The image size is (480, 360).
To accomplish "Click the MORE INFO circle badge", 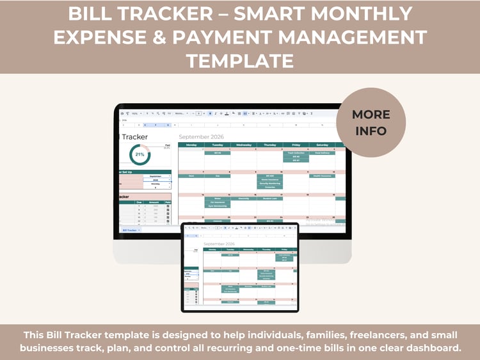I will pyautogui.click(x=371, y=122).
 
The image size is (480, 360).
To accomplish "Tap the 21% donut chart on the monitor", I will pyautogui.click(x=139, y=154).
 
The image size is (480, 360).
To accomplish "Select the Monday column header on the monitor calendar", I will pyautogui.click(x=191, y=145).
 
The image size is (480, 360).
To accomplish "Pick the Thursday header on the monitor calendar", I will pyautogui.click(x=269, y=145).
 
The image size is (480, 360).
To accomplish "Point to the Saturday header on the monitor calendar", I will pyautogui.click(x=321, y=145).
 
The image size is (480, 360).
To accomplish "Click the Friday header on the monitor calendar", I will pyautogui.click(x=296, y=145).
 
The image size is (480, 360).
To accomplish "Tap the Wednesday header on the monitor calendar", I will pyautogui.click(x=243, y=145).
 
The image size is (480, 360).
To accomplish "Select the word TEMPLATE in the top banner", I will pyautogui.click(x=240, y=61).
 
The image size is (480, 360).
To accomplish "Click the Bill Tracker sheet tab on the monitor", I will pyautogui.click(x=131, y=229).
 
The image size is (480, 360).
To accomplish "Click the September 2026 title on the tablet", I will pyautogui.click(x=218, y=244).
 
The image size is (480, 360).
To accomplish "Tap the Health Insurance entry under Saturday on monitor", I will pyautogui.click(x=321, y=176).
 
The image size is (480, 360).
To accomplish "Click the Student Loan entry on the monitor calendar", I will pyautogui.click(x=269, y=199).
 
